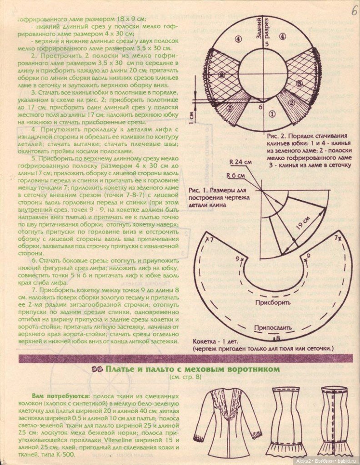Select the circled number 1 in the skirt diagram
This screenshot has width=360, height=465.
pyautogui.click(x=272, y=114)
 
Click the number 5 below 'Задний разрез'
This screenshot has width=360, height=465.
pyautogui.click(x=267, y=44)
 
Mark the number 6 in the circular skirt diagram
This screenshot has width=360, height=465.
pyautogui.click(x=260, y=107)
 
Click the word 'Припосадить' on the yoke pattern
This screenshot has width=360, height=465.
pyautogui.click(x=273, y=326)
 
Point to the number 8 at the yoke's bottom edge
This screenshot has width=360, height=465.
pyautogui.click(x=277, y=338)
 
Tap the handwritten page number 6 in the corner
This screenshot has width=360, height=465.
pyautogui.click(x=354, y=10)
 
